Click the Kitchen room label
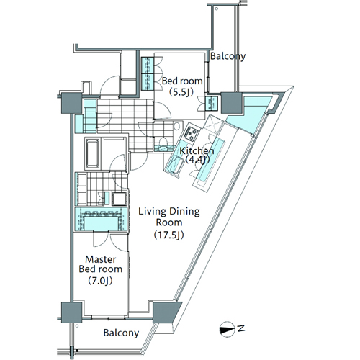pyautogui.click(x=197, y=151)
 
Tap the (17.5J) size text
pyautogui.click(x=169, y=235)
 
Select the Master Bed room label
pyautogui.click(x=101, y=264)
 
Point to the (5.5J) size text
pyautogui.click(x=181, y=92)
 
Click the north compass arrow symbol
pyautogui.click(x=227, y=330)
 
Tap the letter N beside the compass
pyautogui.click(x=241, y=328)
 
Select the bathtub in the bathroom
pyautogui.click(x=92, y=153)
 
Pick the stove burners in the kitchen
pyautogui.click(x=191, y=134)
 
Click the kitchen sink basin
pyautogui.click(x=174, y=163)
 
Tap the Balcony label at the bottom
pyautogui.click(x=121, y=333)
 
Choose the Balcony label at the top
pyautogui.click(x=228, y=56)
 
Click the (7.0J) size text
pyautogui.click(x=100, y=280)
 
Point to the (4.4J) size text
pyautogui.click(x=197, y=160)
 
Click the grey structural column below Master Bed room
pyautogui.click(x=71, y=312)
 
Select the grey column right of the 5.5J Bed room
pyautogui.click(x=231, y=103)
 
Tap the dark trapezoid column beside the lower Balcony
pyautogui.click(x=166, y=312)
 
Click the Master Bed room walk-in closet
pyautogui.click(x=101, y=220)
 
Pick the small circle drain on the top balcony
pyautogui.click(x=217, y=9)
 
